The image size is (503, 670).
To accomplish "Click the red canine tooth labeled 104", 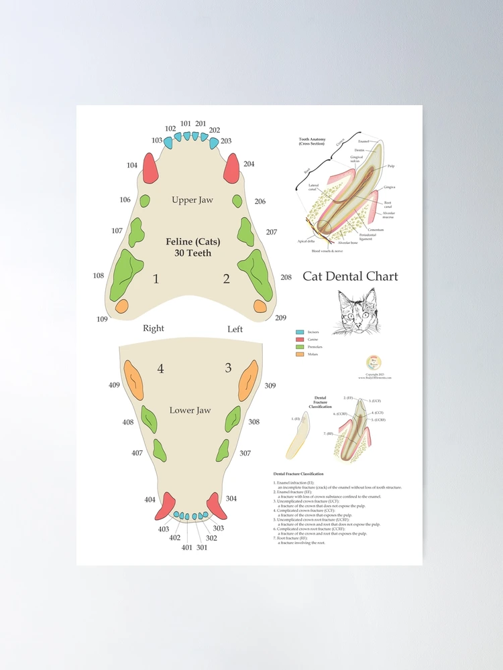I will coord(150,169).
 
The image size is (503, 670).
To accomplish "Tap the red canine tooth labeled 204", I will coord(231,168).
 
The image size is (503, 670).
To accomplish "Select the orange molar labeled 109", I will coord(121,306).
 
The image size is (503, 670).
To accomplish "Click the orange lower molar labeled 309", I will coord(249,380).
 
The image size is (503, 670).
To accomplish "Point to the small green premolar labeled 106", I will coord(144,200).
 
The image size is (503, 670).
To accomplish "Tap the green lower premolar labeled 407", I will coord(160,450).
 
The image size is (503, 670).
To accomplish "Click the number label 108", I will coord(99,276).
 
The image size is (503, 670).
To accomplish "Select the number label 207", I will coord(271,232).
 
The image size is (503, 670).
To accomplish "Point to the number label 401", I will coord(186,547).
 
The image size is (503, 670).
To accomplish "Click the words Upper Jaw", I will coord(193,200).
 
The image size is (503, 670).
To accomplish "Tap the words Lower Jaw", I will coord(190,410).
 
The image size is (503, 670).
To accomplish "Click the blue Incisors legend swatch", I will coord(300,332).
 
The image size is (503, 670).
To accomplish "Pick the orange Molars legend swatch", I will coord(300,355).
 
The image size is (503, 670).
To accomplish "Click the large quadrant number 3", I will coord(228,368).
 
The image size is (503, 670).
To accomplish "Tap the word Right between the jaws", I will coord(154,329).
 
